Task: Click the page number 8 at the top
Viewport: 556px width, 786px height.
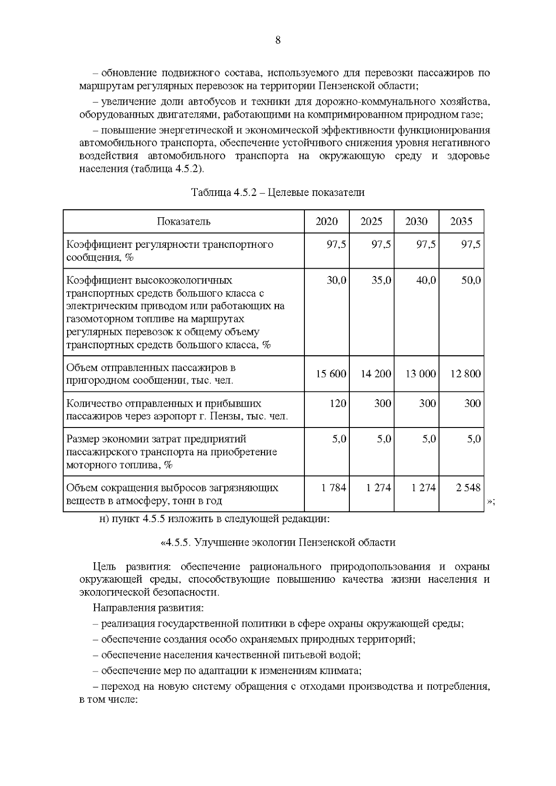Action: coord(278,40)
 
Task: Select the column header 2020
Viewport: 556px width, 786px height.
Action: coord(327,221)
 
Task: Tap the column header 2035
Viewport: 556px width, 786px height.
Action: coord(461,221)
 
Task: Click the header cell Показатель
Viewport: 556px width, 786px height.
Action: coord(183,221)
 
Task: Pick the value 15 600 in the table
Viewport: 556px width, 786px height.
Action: coord(331,374)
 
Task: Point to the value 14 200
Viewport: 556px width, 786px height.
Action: coord(376,374)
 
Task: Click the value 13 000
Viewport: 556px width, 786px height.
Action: coord(421,374)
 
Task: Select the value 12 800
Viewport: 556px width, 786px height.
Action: coord(466,374)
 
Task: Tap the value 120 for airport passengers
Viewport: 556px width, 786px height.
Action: coord(338,403)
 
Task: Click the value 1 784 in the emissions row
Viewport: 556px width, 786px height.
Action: coord(334,488)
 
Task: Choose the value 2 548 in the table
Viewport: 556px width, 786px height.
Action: coord(468,488)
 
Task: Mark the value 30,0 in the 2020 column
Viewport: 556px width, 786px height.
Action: coord(336,281)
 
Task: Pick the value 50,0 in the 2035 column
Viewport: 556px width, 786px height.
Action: coord(471,281)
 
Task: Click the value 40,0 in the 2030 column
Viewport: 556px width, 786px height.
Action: coord(426,281)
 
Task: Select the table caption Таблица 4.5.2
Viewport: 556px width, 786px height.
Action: coord(278,193)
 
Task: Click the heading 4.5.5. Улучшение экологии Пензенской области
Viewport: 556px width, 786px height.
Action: coord(278,542)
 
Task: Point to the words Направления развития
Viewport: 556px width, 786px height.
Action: coord(148,608)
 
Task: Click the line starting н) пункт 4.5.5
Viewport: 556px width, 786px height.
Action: coord(214,519)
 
